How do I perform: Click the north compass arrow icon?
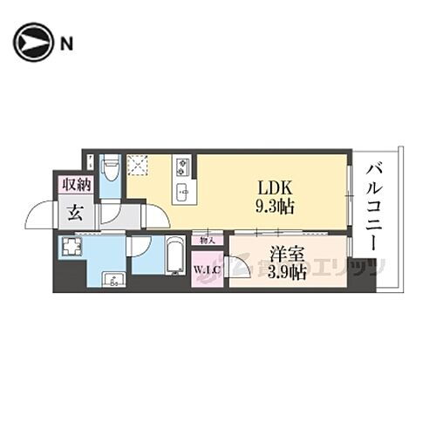pyautogui.click(x=32, y=43)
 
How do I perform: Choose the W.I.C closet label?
pyautogui.click(x=207, y=268)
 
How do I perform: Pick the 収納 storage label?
pyautogui.click(x=76, y=183)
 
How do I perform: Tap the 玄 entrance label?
pyautogui.click(x=76, y=213)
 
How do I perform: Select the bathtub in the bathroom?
pyautogui.click(x=174, y=255)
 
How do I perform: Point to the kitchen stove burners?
pyautogui.click(x=183, y=165)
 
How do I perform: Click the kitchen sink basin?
pyautogui.click(x=183, y=192)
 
